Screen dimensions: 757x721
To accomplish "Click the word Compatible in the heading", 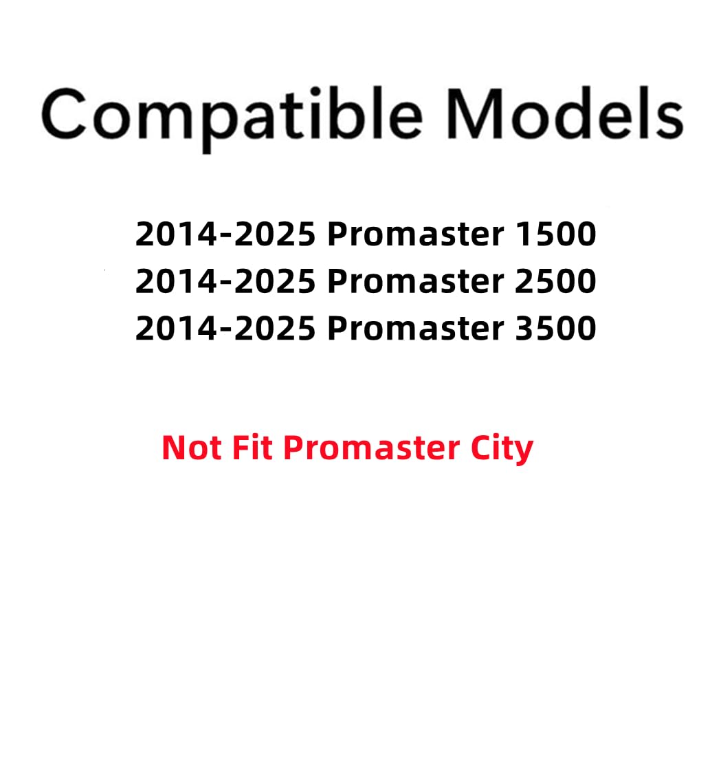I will (232, 115).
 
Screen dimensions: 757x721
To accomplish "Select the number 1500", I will (555, 234).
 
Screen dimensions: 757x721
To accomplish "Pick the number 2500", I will (555, 281).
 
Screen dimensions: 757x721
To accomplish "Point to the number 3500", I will (555, 328).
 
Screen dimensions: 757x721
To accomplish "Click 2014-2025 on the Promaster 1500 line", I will (225, 234).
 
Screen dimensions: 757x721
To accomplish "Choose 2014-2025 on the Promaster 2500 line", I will (225, 281).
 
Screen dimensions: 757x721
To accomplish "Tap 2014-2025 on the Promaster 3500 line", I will (225, 328).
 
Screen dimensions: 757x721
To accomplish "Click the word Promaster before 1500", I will (415, 234).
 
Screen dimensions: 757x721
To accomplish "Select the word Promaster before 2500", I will (415, 281).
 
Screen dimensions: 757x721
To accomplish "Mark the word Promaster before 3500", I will (415, 328).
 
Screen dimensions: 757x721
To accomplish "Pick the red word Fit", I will (252, 448).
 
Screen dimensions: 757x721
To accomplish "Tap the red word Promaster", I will (371, 448).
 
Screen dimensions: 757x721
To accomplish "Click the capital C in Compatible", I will (67, 114).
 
